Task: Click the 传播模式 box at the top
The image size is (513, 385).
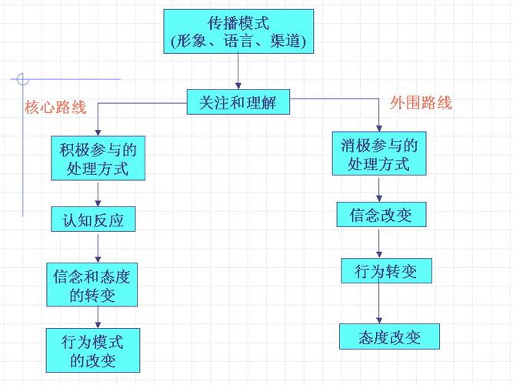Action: click(239, 31)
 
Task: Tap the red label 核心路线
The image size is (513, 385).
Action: click(55, 108)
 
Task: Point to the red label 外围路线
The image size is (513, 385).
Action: click(421, 102)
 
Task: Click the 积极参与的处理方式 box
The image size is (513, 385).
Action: click(98, 159)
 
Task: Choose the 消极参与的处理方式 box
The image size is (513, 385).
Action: click(378, 154)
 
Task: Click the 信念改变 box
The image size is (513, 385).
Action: click(380, 214)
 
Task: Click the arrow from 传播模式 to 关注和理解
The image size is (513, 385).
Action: click(238, 71)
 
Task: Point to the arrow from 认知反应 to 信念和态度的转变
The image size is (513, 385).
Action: click(98, 248)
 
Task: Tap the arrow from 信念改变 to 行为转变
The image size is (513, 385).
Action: click(379, 243)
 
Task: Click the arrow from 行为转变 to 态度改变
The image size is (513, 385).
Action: click(380, 303)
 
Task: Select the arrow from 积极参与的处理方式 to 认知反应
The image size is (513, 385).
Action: click(98, 193)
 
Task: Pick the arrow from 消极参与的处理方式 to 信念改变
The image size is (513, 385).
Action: click(378, 189)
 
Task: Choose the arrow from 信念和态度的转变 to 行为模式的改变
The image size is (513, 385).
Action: click(98, 317)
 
